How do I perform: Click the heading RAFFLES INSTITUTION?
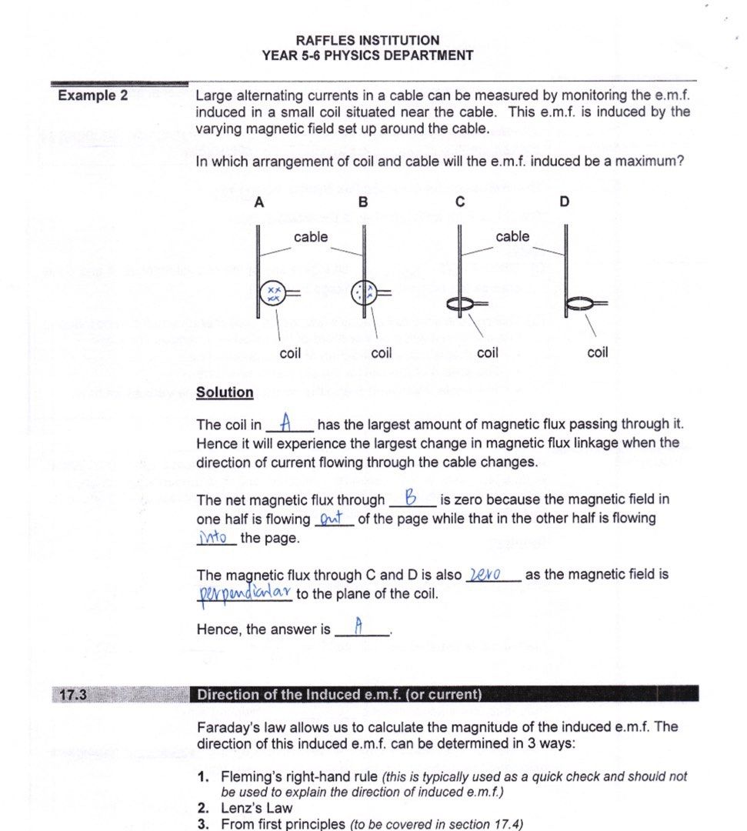click(x=367, y=40)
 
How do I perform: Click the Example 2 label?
click(x=93, y=96)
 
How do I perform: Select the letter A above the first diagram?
click(x=258, y=202)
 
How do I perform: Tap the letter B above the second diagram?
click(x=363, y=202)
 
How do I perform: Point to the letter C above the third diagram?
click(x=460, y=202)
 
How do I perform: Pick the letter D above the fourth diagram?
click(x=565, y=202)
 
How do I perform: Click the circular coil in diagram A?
click(x=273, y=292)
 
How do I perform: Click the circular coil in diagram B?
click(x=363, y=292)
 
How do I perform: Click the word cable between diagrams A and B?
click(x=310, y=237)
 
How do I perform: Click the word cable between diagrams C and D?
click(x=512, y=236)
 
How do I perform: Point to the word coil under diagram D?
click(x=597, y=352)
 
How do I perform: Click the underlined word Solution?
click(x=225, y=392)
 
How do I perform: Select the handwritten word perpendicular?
click(x=245, y=592)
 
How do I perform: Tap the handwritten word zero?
click(x=485, y=574)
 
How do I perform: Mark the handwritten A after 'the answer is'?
click(x=358, y=627)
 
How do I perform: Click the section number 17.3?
click(x=72, y=695)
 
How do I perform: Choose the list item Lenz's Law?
click(x=257, y=808)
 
